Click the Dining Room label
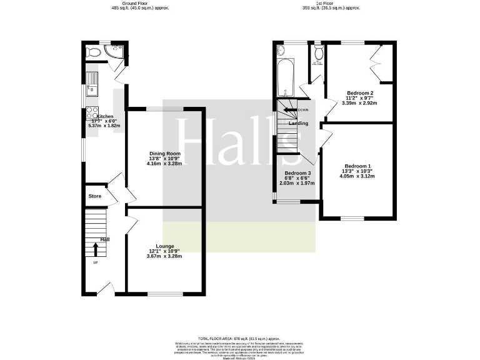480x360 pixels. tap(165, 153)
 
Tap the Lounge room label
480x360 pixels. tap(166, 246)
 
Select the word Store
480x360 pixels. tap(95, 196)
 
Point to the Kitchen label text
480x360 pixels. tap(105, 116)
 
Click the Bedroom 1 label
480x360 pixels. tap(357, 166)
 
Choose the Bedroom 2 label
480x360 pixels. tap(360, 93)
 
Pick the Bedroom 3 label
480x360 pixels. tap(297, 173)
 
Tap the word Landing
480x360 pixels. tap(297, 123)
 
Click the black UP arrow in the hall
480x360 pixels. tap(96, 248)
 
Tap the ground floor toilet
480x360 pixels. tap(93, 52)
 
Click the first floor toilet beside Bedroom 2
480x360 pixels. tap(319, 54)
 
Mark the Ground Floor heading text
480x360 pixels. tap(140, 3)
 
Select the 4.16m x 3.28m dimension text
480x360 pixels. tap(165, 164)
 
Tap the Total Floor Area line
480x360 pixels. tap(240, 337)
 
